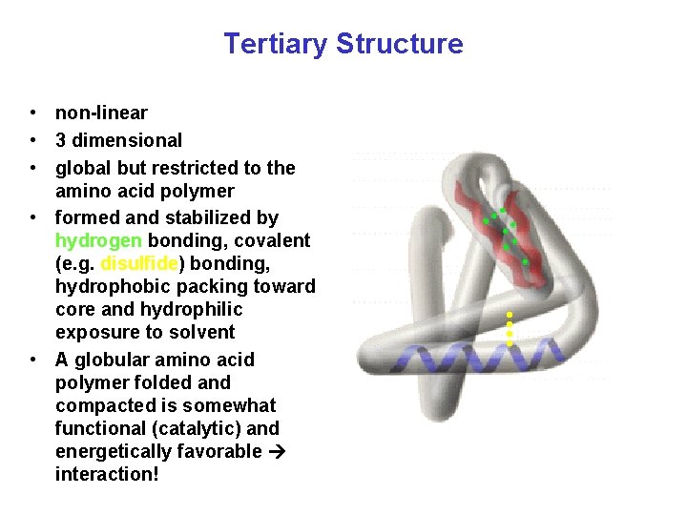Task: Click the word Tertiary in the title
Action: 276,44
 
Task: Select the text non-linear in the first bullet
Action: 101,113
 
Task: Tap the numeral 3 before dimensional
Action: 60,141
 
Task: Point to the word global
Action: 83,169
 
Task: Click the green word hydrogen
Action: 98,241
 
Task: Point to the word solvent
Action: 203,333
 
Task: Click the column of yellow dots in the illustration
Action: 510,329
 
